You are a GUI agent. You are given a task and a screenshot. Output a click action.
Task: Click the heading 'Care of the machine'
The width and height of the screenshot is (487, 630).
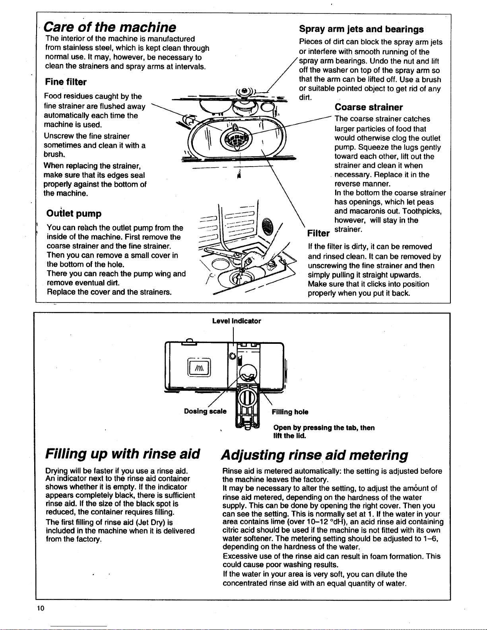click(110, 27)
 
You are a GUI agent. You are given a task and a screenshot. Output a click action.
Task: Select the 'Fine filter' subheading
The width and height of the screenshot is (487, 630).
click(66, 82)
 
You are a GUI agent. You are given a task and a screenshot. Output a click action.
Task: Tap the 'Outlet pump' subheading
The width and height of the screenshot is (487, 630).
click(74, 213)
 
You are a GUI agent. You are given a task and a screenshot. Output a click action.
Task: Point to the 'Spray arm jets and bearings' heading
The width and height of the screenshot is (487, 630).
click(361, 29)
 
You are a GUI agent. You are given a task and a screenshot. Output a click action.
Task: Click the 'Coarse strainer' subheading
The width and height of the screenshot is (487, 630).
click(369, 107)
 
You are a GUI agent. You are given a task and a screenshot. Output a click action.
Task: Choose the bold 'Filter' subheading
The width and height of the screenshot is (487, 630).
click(318, 233)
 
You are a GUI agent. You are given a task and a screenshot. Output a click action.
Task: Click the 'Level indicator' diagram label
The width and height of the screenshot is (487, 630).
click(237, 321)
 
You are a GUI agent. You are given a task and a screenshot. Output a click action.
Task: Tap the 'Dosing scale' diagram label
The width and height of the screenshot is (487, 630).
click(205, 411)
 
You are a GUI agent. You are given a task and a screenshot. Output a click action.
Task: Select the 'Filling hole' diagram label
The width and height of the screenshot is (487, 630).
click(290, 412)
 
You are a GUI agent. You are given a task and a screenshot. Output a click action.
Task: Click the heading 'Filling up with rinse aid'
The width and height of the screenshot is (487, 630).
click(122, 454)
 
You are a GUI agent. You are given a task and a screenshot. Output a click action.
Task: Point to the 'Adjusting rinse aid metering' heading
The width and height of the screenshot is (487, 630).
click(314, 455)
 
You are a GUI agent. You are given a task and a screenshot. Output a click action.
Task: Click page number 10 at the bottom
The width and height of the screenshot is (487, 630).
click(41, 608)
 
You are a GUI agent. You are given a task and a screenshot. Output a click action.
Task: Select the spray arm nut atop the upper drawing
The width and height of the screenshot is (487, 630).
click(245, 91)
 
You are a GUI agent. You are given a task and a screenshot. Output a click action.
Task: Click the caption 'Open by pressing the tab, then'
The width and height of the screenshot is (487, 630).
click(324, 428)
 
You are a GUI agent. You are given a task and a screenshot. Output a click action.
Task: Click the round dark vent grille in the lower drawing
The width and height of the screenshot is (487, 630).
click(267, 226)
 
